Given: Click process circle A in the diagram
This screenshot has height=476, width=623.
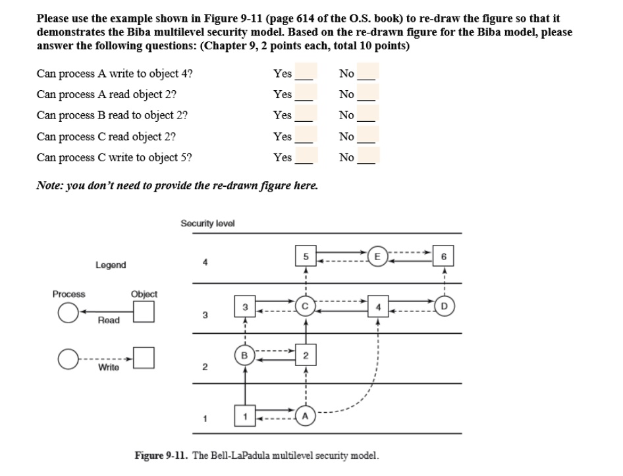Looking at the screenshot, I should pos(305,417).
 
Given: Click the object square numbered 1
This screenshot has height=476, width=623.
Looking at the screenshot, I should pos(244,417).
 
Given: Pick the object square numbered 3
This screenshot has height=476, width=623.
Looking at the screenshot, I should pos(244,306).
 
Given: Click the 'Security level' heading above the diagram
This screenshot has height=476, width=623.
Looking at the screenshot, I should pos(207,223).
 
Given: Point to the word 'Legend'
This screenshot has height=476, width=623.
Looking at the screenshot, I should pos(110,265).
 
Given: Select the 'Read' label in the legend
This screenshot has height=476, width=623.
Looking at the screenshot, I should pos(109,320).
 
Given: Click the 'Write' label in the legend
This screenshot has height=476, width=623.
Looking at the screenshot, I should pos(109,367).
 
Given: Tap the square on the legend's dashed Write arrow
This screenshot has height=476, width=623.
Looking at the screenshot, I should pos(144,359).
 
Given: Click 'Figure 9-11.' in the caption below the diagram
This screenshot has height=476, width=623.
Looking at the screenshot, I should pos(162,456).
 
